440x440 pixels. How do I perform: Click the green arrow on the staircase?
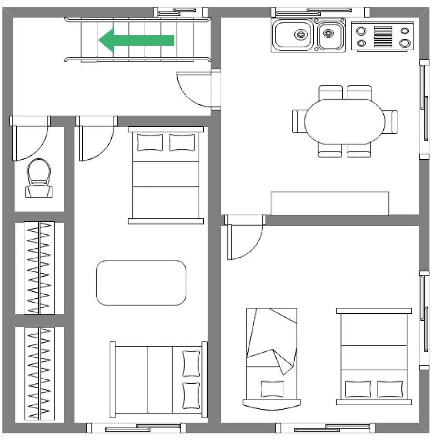pos(136,40)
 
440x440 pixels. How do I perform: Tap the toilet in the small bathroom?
pos(38,178)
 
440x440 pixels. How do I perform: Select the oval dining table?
pos(345,121)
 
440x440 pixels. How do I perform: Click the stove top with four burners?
pos(382,37)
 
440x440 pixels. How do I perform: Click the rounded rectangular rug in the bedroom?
pos(141,282)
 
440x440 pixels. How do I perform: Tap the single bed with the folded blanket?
pos(271,356)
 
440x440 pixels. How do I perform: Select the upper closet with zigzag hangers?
pos(40,268)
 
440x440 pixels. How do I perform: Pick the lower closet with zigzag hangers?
pos(40,373)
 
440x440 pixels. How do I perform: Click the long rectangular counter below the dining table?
pos(330,203)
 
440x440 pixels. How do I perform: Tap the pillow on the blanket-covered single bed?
pos(272,389)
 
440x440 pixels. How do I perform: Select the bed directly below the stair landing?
pos(166,175)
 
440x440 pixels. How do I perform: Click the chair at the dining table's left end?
pos(298,121)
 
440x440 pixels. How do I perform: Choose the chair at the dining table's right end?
pos(391,121)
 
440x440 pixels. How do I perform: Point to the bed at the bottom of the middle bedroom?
pos(158,379)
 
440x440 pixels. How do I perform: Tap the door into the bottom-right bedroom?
pos(244,238)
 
